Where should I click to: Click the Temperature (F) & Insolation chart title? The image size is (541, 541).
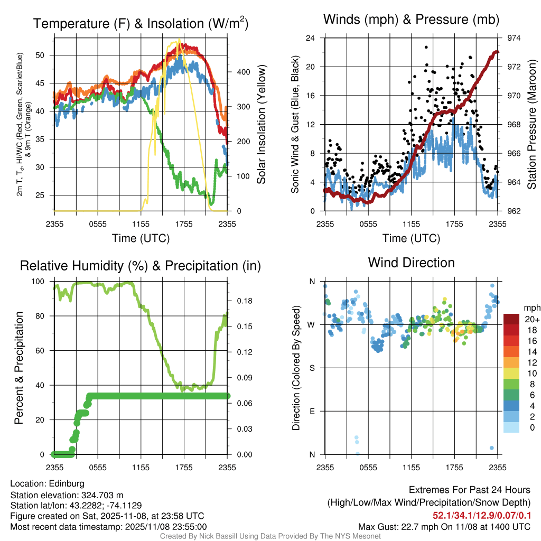click(141, 23)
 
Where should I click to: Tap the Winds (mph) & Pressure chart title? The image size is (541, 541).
click(412, 20)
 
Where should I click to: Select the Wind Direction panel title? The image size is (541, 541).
click(411, 263)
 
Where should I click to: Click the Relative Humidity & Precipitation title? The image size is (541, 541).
click(141, 266)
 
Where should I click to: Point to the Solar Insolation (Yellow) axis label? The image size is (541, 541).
click(261, 125)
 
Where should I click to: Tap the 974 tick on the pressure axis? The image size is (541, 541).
click(514, 38)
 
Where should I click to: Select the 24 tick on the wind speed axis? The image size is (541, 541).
click(311, 38)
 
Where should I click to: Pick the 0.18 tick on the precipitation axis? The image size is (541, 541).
click(238, 301)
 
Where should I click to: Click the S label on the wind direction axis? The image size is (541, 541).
click(312, 368)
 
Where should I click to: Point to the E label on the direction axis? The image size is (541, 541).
click(312, 411)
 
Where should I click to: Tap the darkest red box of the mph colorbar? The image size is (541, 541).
click(512, 319)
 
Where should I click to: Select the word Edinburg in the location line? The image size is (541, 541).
click(67, 483)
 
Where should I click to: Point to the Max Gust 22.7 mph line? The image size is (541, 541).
click(444, 526)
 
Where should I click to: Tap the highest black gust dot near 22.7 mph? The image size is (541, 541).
click(426, 47)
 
